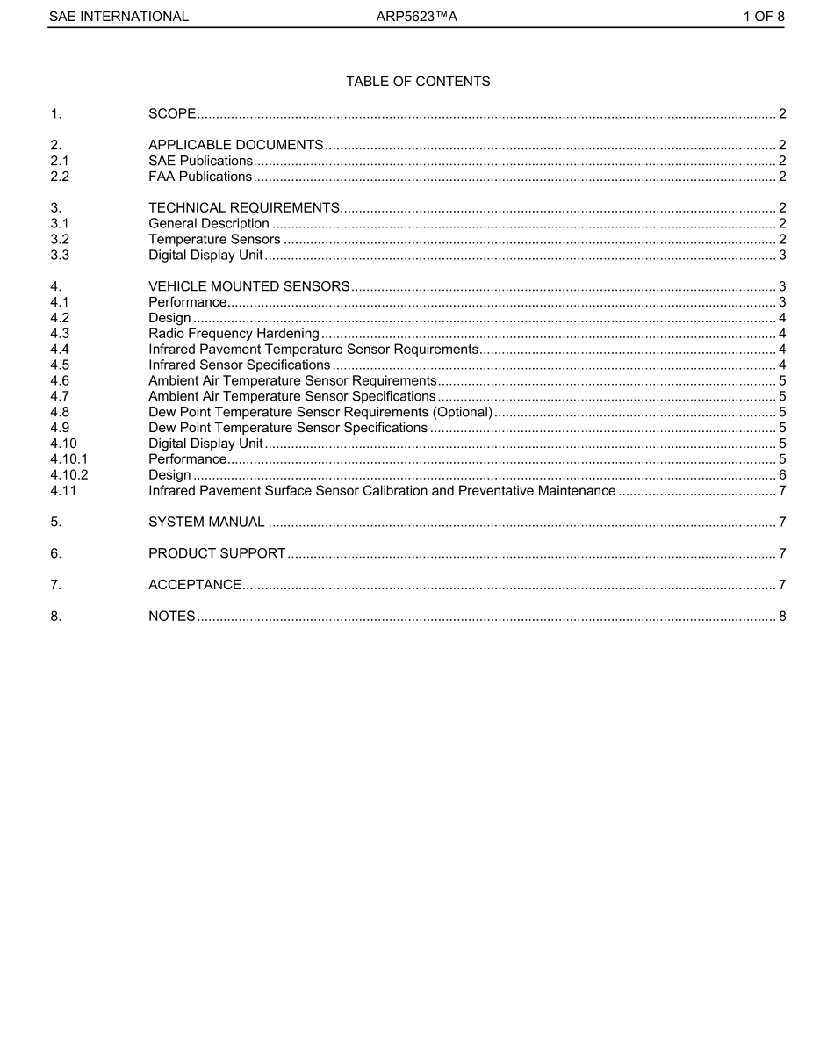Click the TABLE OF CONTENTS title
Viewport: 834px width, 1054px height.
pyautogui.click(x=418, y=82)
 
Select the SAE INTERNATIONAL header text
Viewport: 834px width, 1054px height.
pyautogui.click(x=118, y=16)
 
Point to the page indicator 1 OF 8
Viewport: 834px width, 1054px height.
pyautogui.click(x=763, y=16)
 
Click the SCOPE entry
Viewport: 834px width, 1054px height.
pyautogui.click(x=172, y=114)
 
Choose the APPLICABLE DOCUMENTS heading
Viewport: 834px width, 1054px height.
pyautogui.click(x=236, y=145)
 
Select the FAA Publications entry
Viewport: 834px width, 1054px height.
pyautogui.click(x=200, y=177)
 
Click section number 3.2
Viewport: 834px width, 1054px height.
pyautogui.click(x=60, y=240)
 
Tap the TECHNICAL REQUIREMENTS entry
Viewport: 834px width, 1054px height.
pyautogui.click(x=244, y=208)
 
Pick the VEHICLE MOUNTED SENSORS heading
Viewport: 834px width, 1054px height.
pyautogui.click(x=249, y=286)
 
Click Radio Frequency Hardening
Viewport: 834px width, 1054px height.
pyautogui.click(x=234, y=334)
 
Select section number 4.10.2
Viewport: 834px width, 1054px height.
pyautogui.click(x=69, y=475)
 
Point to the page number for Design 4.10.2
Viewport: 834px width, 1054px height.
pyautogui.click(x=781, y=475)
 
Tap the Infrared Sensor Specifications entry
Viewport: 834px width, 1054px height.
pyautogui.click(x=240, y=365)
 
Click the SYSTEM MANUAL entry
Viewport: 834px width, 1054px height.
pyautogui.click(x=206, y=523)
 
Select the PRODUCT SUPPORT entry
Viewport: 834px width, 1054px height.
pyautogui.click(x=217, y=553)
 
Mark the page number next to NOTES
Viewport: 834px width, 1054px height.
pyautogui.click(x=781, y=617)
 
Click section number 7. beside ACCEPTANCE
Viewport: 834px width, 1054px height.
pyautogui.click(x=55, y=585)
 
